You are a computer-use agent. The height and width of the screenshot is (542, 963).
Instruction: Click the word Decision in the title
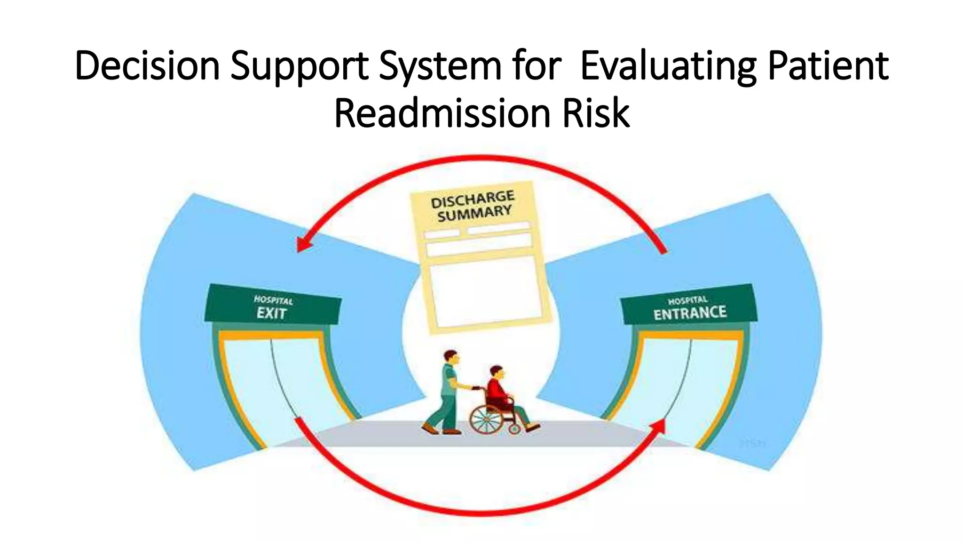147,66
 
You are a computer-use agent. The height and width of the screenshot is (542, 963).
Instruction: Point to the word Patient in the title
828,66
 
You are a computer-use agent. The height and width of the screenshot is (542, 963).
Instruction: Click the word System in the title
441,66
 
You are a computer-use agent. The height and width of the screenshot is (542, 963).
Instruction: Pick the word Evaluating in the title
668,66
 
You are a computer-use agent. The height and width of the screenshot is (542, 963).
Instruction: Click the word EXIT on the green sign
271,313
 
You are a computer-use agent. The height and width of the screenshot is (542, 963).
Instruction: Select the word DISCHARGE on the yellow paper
473,199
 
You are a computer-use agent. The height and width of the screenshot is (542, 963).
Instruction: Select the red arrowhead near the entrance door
659,426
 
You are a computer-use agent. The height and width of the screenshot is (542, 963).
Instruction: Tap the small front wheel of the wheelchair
515,429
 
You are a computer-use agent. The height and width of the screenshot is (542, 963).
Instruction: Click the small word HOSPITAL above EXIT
273,300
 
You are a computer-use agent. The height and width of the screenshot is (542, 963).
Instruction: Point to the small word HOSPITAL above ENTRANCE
687,300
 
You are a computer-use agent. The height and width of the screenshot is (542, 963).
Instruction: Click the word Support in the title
300,66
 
